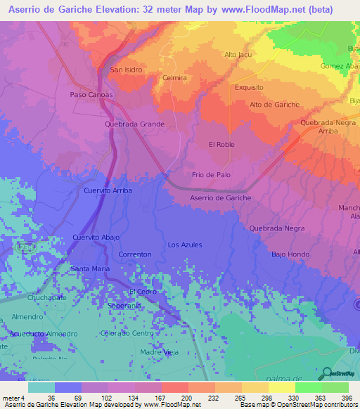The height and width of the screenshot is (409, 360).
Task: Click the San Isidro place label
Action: coord(127,70)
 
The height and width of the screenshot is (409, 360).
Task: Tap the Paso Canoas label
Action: coord(91,94)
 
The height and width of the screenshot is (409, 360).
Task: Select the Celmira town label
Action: coord(174,78)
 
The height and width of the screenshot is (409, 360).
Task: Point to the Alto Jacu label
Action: coord(238,55)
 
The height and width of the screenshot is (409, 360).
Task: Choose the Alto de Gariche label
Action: coord(274,105)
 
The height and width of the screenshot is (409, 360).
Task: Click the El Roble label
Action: coord(221,145)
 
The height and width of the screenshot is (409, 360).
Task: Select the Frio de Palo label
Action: coord(211,174)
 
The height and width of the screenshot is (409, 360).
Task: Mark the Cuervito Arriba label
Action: coord(107,191)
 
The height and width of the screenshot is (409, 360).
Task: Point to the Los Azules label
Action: coord(185,245)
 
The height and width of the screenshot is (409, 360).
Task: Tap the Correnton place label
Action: coord(135,254)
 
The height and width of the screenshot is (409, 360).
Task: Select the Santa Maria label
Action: coord(91,268)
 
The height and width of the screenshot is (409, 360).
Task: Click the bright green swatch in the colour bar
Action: coord(308,387)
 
